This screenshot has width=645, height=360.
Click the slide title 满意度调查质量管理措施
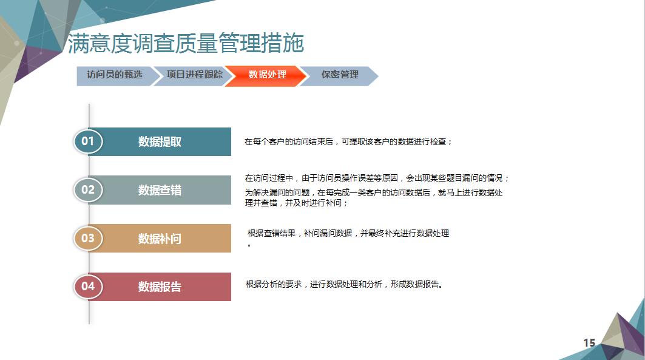(186, 43)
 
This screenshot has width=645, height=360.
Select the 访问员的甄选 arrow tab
(115, 76)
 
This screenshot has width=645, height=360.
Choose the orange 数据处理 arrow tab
(266, 76)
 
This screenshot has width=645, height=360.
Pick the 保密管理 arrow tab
(340, 76)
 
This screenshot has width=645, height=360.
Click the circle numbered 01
(87, 141)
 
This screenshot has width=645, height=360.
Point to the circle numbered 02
(87, 189)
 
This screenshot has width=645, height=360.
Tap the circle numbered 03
(87, 238)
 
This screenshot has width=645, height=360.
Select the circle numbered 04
(87, 287)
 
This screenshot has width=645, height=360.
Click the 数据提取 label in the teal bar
(160, 141)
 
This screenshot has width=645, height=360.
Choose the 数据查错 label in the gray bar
(160, 190)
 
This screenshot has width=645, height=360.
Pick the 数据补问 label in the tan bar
(160, 239)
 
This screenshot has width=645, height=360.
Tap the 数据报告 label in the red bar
(160, 287)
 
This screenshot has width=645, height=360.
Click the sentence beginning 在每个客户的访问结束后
(348, 141)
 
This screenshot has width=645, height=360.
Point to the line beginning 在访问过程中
(377, 178)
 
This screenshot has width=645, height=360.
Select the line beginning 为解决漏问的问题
(374, 192)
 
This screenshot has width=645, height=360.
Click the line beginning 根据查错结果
(348, 233)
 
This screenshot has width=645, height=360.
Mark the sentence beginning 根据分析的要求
(344, 284)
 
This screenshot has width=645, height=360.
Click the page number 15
(589, 343)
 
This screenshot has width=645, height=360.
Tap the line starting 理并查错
(296, 203)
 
